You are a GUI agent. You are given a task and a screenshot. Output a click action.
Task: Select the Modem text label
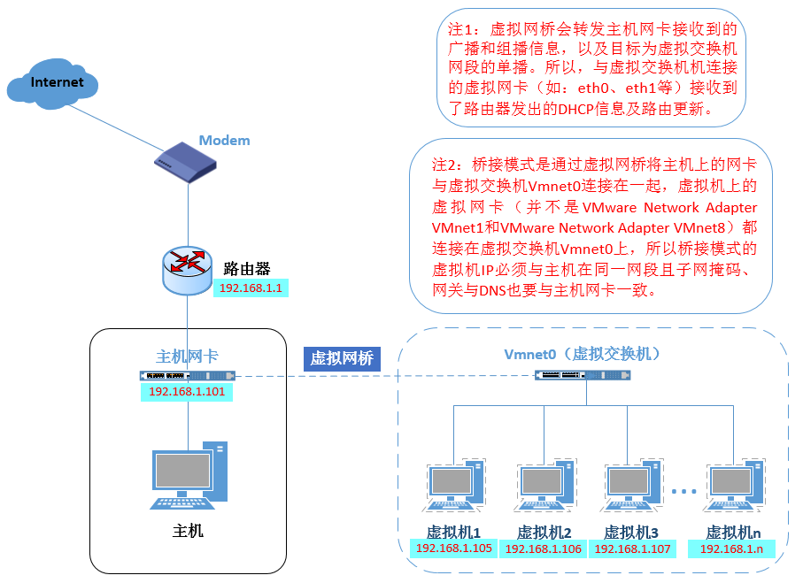[224, 141]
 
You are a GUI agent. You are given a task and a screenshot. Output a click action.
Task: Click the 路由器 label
[247, 269]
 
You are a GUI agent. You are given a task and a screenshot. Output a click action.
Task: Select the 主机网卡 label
[187, 356]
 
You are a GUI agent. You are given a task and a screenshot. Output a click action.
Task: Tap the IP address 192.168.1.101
[186, 391]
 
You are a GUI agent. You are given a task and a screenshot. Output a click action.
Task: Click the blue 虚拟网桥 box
[342, 357]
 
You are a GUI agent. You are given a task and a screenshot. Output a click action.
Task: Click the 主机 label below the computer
[188, 531]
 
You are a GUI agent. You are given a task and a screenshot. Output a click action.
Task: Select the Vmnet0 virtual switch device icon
[583, 375]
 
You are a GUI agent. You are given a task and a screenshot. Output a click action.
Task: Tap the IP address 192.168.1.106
[544, 549]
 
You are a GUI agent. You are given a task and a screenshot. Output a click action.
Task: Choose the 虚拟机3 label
[631, 533]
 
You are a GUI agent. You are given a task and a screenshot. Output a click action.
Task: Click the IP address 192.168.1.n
[731, 549]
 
